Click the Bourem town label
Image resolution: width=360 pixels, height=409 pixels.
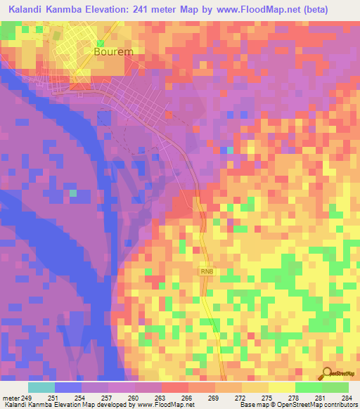(114, 52)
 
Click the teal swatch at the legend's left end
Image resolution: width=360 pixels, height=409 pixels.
(41, 387)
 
